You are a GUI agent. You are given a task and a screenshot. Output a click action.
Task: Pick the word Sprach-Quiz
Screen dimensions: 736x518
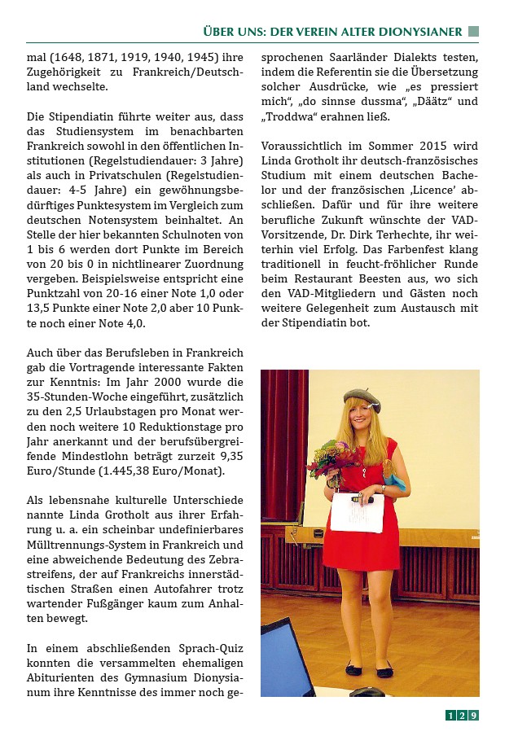click(208, 649)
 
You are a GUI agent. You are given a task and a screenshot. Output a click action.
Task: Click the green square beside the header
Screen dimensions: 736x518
click(473, 32)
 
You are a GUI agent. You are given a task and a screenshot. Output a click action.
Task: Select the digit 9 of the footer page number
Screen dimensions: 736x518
click(473, 716)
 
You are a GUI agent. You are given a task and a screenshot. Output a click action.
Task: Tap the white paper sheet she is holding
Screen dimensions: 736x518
click(357, 511)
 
